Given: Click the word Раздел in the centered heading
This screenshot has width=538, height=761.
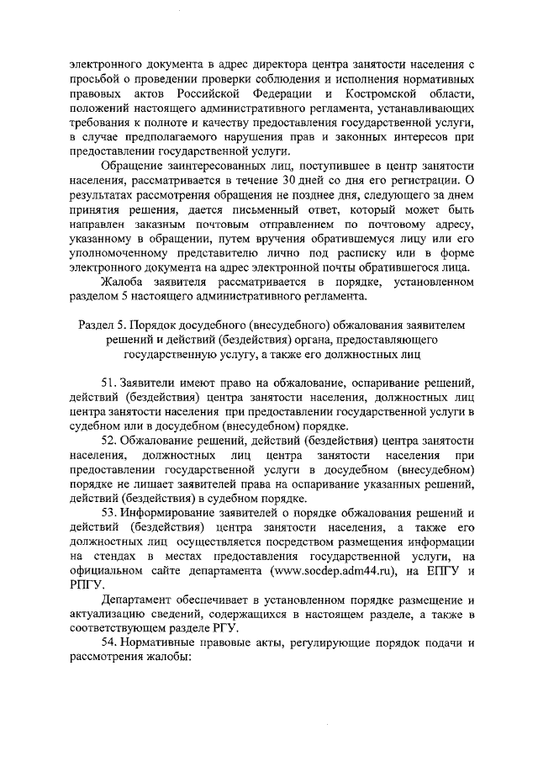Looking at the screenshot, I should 99,325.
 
